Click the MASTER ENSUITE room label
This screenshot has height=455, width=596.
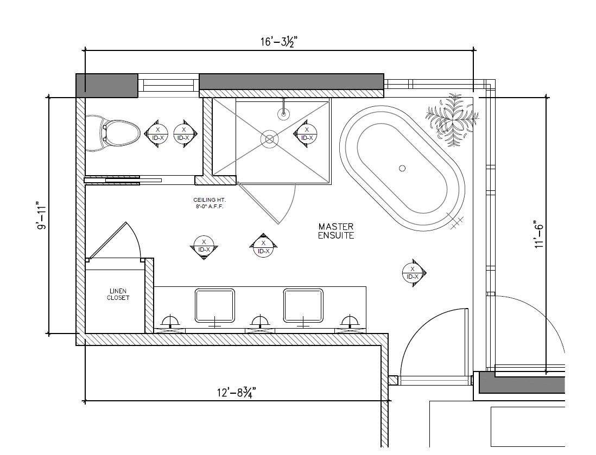point(336,231)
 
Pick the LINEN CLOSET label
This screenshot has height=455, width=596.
point(118,294)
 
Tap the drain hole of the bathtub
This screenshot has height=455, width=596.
point(402,168)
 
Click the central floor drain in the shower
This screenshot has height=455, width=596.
point(269,139)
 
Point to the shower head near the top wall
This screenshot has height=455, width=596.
point(283,113)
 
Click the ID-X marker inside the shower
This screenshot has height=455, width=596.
point(307,133)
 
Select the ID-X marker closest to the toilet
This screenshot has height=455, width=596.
point(157,133)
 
